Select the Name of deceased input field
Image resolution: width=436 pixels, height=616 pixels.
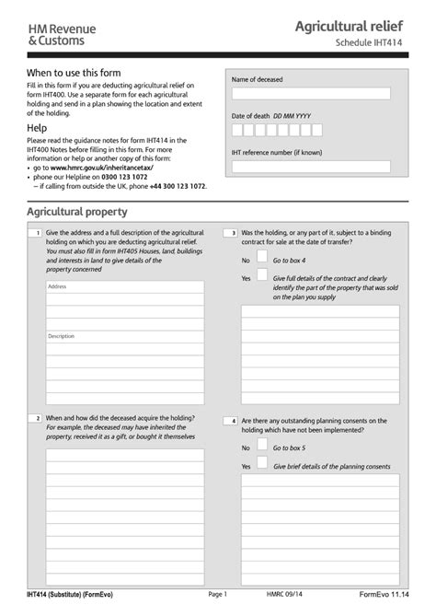(x=311, y=93)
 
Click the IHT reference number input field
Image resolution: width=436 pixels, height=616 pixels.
(x=311, y=167)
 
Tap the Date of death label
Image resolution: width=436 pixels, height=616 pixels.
(x=251, y=116)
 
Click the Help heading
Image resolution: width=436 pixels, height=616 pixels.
(x=37, y=127)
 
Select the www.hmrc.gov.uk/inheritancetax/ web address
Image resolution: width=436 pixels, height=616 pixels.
(x=102, y=169)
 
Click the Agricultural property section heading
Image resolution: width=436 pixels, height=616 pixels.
(x=77, y=212)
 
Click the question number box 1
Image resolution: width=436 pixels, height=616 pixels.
(x=35, y=234)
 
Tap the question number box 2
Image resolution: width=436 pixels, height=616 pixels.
(x=35, y=418)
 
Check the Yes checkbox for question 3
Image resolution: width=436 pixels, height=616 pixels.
(x=262, y=277)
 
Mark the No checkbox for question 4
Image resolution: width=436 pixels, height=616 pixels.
(x=262, y=447)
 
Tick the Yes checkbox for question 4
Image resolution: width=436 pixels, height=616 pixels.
(x=262, y=465)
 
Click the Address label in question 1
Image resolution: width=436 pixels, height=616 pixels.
(x=57, y=286)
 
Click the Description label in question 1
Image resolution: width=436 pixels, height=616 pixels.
(x=61, y=336)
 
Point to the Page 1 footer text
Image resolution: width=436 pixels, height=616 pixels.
(x=217, y=596)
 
